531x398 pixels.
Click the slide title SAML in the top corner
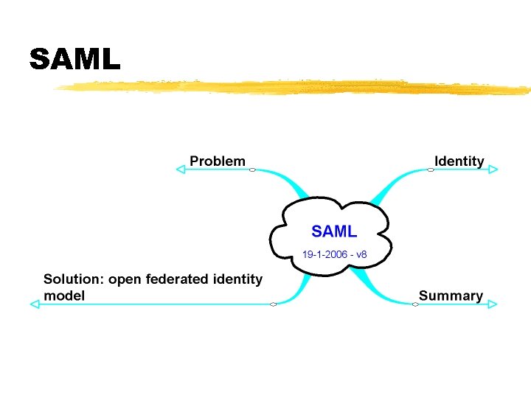[74, 59]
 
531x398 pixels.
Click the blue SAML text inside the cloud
[334, 231]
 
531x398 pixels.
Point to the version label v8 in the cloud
[361, 255]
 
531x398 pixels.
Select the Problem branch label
[218, 161]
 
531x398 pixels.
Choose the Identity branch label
[459, 161]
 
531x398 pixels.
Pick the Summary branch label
[451, 296]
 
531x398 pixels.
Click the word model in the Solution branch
[64, 296]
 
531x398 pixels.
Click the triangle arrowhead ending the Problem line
[181, 170]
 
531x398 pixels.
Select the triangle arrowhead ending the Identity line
[493, 170]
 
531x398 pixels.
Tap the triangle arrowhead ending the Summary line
[493, 304]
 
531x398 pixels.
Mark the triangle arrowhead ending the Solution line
[34, 304]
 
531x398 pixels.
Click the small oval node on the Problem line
[253, 170]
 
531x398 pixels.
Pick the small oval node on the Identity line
[428, 170]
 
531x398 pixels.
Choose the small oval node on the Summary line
[415, 304]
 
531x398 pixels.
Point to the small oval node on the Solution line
[273, 304]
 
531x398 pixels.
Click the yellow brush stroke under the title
[295, 87]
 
